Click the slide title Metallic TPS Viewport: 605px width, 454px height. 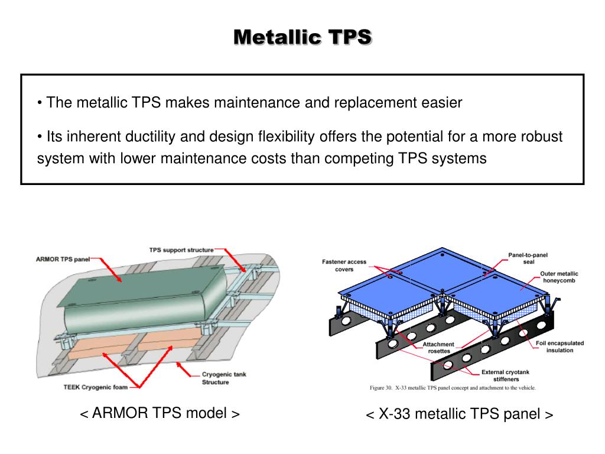(x=302, y=37)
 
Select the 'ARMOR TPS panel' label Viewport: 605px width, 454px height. (x=61, y=260)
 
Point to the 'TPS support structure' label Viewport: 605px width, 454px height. (x=181, y=250)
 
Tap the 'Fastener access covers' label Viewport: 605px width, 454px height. (x=344, y=265)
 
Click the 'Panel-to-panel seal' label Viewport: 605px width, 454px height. (x=528, y=258)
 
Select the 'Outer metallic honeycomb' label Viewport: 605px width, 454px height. (x=559, y=277)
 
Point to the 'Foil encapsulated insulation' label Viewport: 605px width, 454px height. (x=560, y=346)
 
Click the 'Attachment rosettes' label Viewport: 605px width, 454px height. (x=438, y=348)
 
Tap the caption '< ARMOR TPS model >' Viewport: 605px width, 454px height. (x=160, y=413)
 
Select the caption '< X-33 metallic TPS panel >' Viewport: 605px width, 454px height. (x=460, y=414)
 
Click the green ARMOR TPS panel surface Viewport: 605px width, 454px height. (x=148, y=296)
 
